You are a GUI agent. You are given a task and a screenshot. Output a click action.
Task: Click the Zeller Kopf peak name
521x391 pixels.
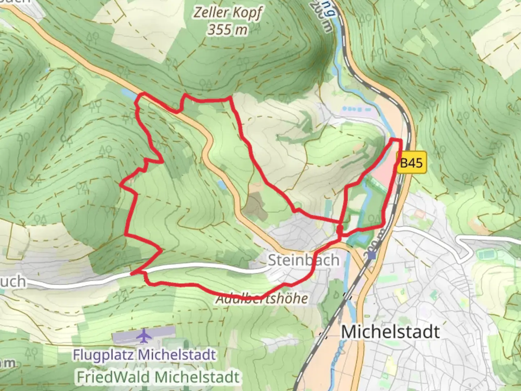[x=228, y=13]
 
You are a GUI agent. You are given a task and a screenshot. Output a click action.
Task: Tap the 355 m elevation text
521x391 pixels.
[x=227, y=30]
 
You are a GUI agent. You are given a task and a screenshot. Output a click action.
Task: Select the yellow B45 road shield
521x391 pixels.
[x=411, y=163]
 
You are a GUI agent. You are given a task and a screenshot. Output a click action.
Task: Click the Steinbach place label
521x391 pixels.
[x=303, y=260]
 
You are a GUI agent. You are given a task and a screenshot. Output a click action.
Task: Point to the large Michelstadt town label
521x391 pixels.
[x=390, y=332]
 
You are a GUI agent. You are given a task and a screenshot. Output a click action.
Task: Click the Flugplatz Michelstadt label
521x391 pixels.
[x=144, y=355]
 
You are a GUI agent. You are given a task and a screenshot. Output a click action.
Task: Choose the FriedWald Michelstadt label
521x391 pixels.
[x=158, y=377]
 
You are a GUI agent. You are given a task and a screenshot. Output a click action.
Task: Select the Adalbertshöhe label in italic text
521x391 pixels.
[x=262, y=299]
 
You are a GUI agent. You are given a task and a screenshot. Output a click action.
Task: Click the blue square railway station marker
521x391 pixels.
[x=372, y=256]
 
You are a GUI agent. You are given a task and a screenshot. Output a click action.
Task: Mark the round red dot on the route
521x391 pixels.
[x=340, y=229]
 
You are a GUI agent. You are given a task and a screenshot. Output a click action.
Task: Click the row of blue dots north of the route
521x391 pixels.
[x=356, y=109]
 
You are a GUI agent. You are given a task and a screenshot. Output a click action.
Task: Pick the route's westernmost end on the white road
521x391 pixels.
[x=132, y=273]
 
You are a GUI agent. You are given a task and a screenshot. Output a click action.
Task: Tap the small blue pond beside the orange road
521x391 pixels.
[x=221, y=185]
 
